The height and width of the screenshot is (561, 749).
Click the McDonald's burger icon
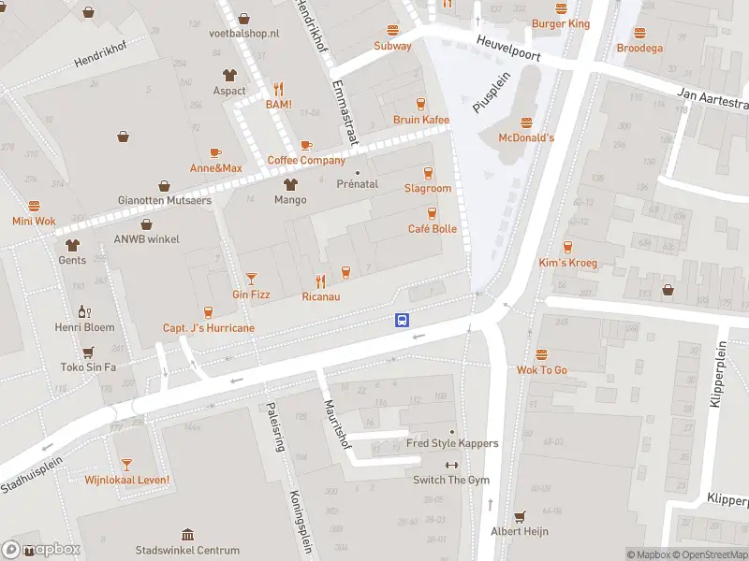click(525, 122)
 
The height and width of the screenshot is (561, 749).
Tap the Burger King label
click(560, 23)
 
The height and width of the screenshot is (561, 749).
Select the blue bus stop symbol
click(402, 320)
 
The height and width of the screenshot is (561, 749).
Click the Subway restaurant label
click(392, 46)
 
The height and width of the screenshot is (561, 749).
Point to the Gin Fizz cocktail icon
click(251, 278)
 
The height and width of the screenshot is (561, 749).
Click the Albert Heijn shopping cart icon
click(520, 515)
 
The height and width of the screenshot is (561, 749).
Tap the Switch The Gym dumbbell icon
click(451, 465)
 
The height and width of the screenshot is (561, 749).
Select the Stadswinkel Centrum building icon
click(187, 534)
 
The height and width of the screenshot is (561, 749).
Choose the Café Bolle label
click(432, 229)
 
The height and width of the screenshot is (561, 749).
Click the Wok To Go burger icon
click(541, 354)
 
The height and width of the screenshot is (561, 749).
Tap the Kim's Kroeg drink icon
click(567, 247)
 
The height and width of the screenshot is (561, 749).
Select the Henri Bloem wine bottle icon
click(84, 311)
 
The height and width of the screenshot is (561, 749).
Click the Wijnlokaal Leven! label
click(126, 481)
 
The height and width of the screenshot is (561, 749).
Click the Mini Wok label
click(34, 222)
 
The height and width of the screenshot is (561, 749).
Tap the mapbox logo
click(41, 550)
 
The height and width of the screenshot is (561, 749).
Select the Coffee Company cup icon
click(306, 145)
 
